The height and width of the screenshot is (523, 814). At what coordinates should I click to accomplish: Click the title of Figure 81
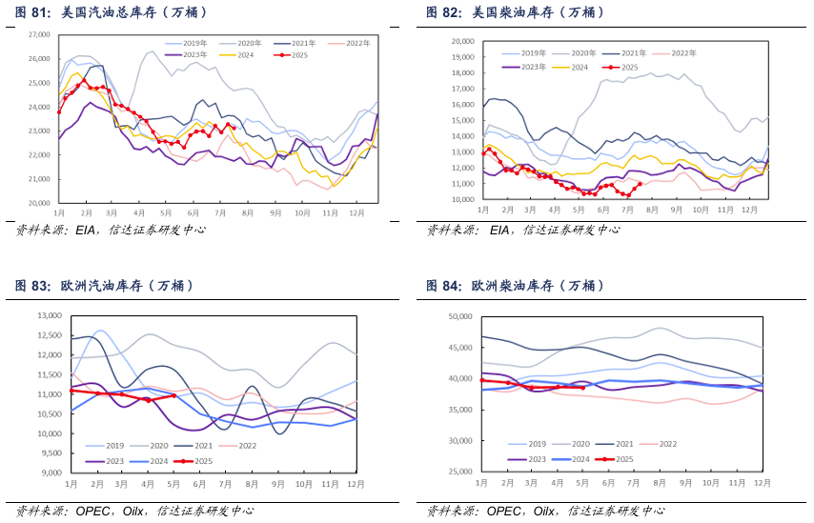tap(112, 12)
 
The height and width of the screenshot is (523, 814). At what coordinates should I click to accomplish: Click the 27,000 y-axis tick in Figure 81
tap(38, 34)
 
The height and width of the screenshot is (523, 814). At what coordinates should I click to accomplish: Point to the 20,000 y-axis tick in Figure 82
tap(461, 42)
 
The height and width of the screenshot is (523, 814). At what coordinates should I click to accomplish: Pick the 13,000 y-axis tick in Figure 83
tap(48, 316)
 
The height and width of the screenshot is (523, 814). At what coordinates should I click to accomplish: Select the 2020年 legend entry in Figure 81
tap(249, 44)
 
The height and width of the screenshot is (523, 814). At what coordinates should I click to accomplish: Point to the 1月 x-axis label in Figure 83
tap(72, 483)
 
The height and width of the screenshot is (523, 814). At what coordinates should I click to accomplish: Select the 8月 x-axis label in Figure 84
tap(658, 483)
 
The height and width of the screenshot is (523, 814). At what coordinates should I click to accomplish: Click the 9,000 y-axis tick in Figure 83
tap(50, 473)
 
